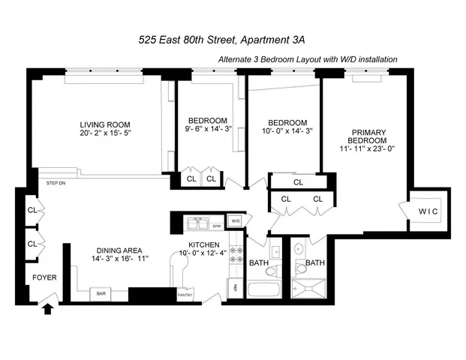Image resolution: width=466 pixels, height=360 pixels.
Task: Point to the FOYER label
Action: coord(43,277)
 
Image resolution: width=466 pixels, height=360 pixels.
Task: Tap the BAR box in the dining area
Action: coord(101,294)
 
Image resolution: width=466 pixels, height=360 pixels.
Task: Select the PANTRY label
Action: coord(185,295)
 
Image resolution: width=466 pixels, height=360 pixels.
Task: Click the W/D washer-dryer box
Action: coord(235,221)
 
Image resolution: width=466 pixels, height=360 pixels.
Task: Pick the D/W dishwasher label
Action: coord(216,225)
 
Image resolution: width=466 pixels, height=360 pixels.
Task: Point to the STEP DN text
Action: coord(55,182)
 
